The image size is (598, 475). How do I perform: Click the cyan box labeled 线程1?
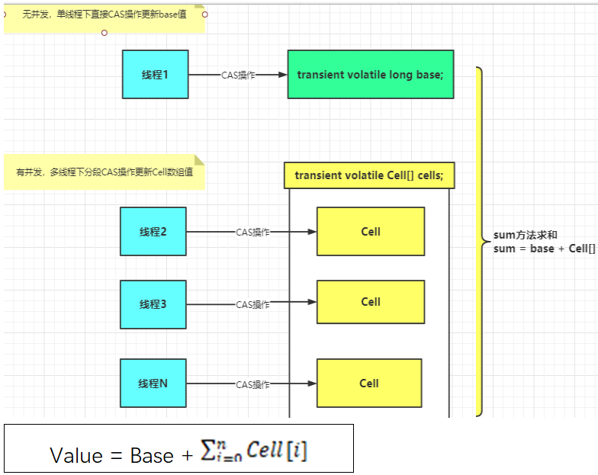pos(155,75)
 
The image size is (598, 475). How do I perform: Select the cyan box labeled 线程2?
pos(153,232)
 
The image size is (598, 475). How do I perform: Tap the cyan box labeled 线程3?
pos(153,304)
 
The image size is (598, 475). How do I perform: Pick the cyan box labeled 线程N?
pos(153,384)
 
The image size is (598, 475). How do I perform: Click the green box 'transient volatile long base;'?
pos(370,75)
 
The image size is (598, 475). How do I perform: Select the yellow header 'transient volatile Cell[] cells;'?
pos(369,175)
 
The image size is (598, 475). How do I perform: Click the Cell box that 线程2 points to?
pos(371,232)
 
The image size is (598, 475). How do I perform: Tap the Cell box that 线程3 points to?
pos(371,302)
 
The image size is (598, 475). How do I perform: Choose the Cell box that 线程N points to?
pos(369,384)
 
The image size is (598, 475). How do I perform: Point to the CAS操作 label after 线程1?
pos(238,75)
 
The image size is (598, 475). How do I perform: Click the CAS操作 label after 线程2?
pos(252,233)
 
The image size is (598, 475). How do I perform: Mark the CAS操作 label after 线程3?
pos(252,305)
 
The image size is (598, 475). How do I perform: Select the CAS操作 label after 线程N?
pos(252,384)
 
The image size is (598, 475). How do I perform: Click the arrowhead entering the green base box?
pos(281,75)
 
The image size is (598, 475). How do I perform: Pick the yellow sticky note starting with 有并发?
pos(104,172)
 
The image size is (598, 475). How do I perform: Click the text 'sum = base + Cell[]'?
pos(544,249)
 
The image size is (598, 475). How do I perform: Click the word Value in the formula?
pos(76,455)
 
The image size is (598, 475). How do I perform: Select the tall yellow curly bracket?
pos(480,241)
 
